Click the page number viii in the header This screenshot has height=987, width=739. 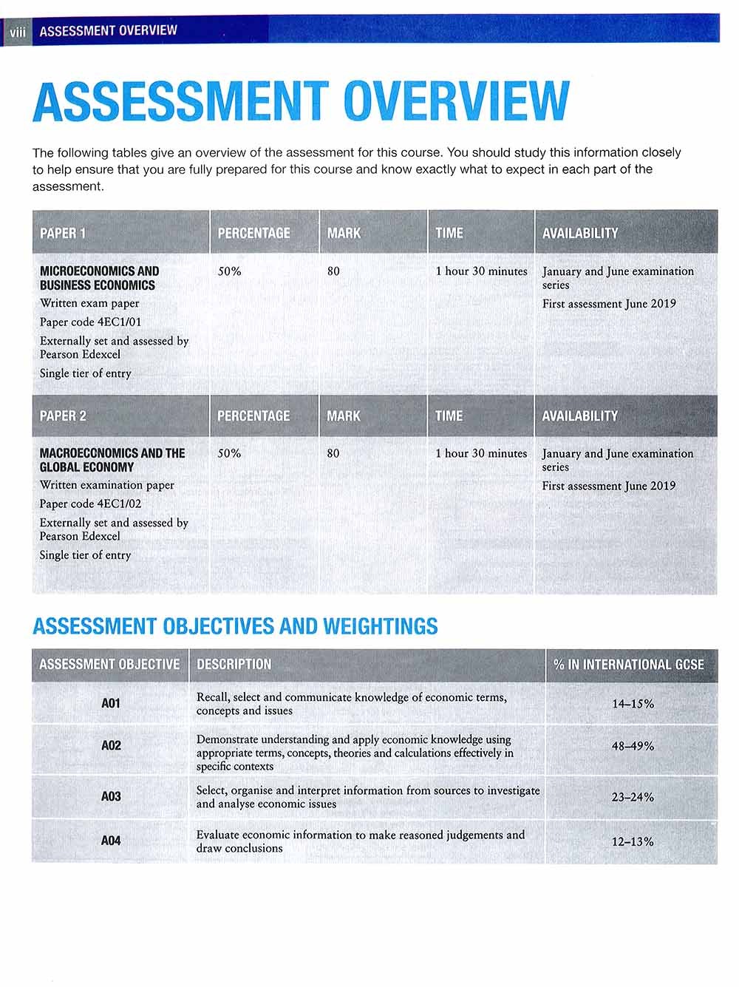(x=16, y=31)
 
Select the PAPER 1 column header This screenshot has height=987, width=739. (x=63, y=233)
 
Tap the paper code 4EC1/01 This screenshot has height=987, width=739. (x=90, y=322)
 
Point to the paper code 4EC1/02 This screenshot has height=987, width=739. (x=90, y=503)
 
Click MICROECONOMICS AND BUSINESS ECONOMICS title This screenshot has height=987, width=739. (x=99, y=278)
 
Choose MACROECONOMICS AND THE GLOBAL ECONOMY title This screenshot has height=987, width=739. (x=112, y=460)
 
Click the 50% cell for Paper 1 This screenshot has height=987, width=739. (x=230, y=271)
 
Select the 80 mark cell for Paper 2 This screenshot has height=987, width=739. (x=333, y=453)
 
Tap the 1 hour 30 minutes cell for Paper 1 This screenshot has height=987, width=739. (x=481, y=271)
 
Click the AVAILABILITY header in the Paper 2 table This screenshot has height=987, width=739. (x=579, y=416)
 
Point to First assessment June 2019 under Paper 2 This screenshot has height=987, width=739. (x=609, y=486)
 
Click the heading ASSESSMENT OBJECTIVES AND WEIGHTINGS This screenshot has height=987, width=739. (x=235, y=626)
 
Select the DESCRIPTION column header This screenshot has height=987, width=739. (x=234, y=664)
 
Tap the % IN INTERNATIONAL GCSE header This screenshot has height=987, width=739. (x=628, y=664)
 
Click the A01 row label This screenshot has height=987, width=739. (x=110, y=703)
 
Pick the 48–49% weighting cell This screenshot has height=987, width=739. (x=633, y=746)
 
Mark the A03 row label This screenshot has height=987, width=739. (x=110, y=796)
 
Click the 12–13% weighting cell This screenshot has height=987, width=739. (x=633, y=841)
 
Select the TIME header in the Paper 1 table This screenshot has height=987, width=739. (x=449, y=233)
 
